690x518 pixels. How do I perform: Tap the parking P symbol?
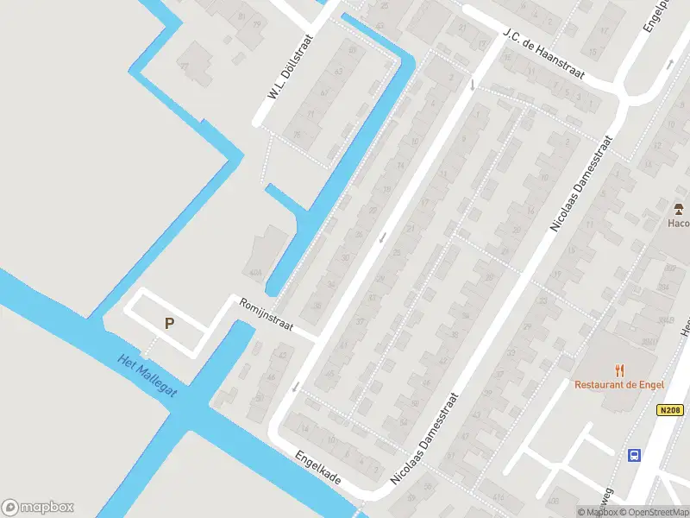pos(170,324)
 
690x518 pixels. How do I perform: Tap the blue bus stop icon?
pos(634,455)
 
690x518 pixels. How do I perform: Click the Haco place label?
pos(679,223)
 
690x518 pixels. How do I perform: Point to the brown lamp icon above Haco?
pos(679,208)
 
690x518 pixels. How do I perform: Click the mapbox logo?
pos(38,508)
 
